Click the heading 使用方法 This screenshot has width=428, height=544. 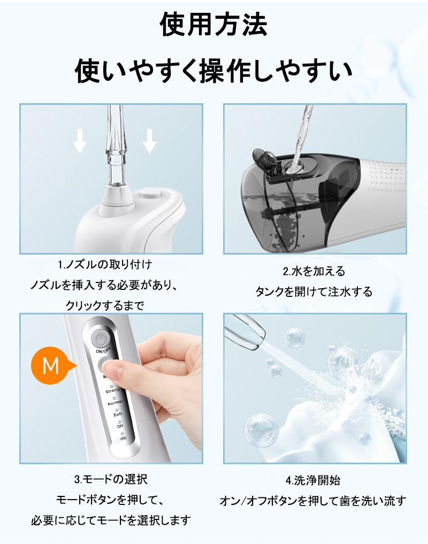click(214, 25)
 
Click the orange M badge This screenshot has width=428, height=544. click(51, 366)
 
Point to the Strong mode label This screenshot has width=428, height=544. click(113, 392)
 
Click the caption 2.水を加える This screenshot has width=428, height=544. click(314, 271)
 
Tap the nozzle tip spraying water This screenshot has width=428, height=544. click(246, 331)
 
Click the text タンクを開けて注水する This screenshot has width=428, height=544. click(314, 292)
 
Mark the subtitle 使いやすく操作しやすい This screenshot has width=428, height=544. click(214, 70)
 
